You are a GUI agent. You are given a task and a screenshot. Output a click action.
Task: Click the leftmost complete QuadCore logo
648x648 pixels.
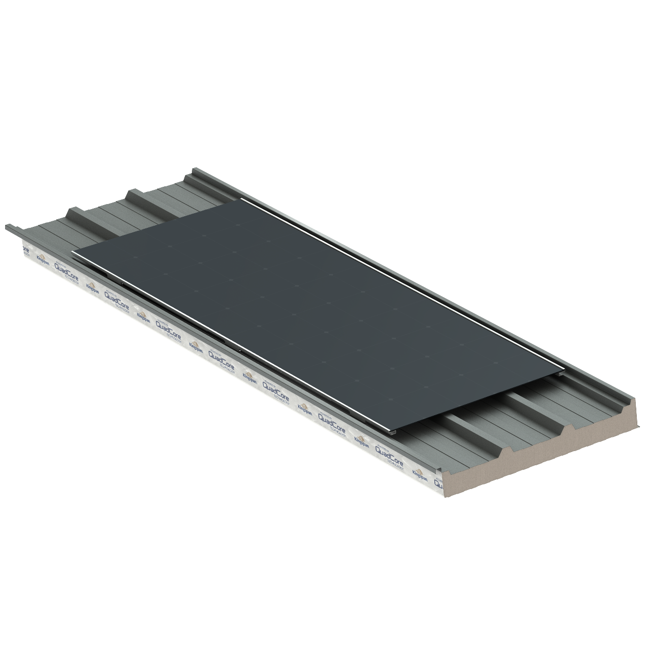[115, 298]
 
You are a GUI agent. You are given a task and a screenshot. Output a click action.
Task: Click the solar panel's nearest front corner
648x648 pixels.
[395, 432]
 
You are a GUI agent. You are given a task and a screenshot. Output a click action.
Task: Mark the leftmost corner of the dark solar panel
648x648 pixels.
[72, 252]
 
